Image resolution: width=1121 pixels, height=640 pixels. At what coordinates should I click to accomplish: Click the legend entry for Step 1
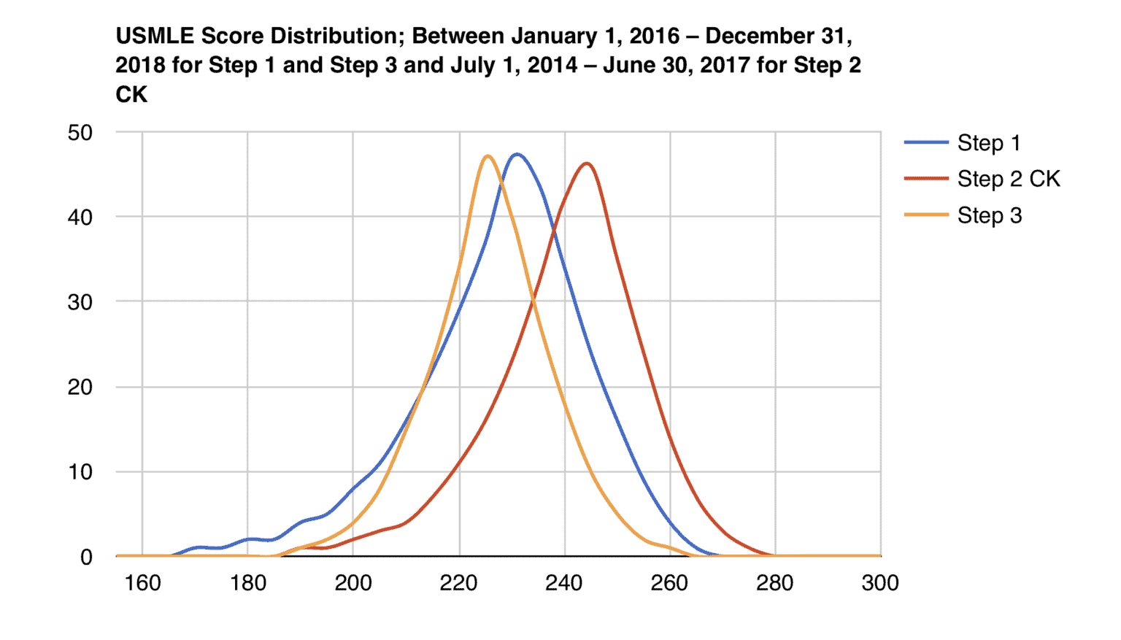click(x=988, y=143)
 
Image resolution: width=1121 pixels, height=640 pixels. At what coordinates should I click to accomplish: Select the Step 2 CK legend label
click(x=1008, y=179)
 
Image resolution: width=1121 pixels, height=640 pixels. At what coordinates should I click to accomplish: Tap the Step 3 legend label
click(x=989, y=215)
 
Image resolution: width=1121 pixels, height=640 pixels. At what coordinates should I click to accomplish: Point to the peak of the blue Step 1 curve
click(x=517, y=154)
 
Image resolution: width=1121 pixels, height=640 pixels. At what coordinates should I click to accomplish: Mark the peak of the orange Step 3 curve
click(x=488, y=155)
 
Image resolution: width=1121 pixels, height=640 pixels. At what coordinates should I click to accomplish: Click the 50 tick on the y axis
click(x=80, y=133)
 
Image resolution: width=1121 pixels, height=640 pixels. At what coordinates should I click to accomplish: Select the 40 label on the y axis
click(x=80, y=217)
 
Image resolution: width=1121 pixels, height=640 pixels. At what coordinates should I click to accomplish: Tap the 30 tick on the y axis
click(x=80, y=302)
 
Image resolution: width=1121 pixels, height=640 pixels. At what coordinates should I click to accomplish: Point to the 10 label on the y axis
click(x=80, y=472)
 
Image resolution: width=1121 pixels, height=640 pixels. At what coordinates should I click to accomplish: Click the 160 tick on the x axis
click(x=142, y=583)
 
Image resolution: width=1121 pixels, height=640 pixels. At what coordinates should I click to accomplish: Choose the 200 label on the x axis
click(x=353, y=583)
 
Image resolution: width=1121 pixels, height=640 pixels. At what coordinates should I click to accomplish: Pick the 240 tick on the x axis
click(x=564, y=583)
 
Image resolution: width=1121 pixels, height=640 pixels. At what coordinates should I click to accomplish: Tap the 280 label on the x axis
click(x=775, y=583)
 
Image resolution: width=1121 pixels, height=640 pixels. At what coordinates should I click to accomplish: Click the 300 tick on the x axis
click(x=880, y=583)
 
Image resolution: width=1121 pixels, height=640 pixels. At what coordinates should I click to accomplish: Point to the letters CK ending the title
click(x=131, y=94)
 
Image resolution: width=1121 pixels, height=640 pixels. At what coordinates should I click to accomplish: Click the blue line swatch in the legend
click(x=926, y=143)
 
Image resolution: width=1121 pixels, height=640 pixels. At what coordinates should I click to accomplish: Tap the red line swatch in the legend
click(x=926, y=179)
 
